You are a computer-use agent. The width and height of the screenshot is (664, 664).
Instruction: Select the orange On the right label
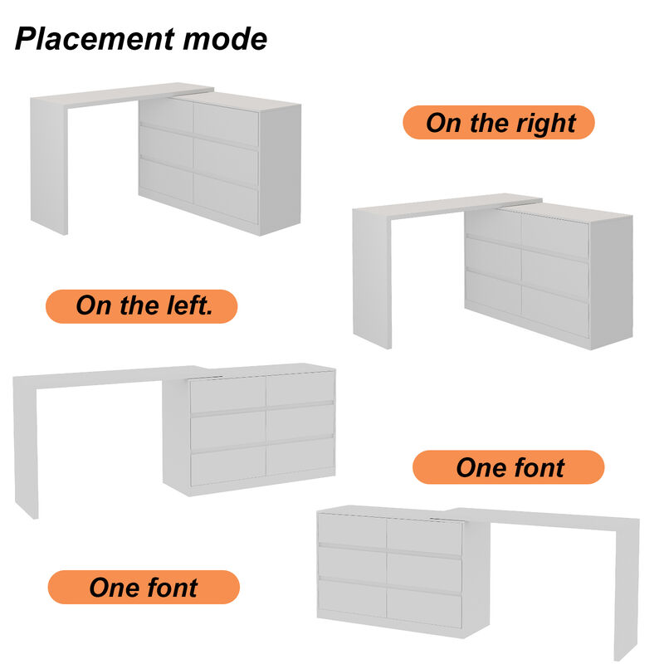coord(499,123)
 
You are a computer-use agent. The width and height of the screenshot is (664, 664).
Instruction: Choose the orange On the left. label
coord(142,305)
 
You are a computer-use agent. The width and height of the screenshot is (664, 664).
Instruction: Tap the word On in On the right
coord(443,123)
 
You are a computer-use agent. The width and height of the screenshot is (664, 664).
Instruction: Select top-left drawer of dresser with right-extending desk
coord(352,530)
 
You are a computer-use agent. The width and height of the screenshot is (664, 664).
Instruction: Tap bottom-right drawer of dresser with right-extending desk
coord(423,608)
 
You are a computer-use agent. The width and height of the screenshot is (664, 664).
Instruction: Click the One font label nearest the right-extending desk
coord(509,467)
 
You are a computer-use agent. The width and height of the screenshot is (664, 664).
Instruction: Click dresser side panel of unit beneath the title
coord(280,169)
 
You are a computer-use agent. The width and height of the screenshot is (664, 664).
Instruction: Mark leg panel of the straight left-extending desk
coord(27,448)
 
